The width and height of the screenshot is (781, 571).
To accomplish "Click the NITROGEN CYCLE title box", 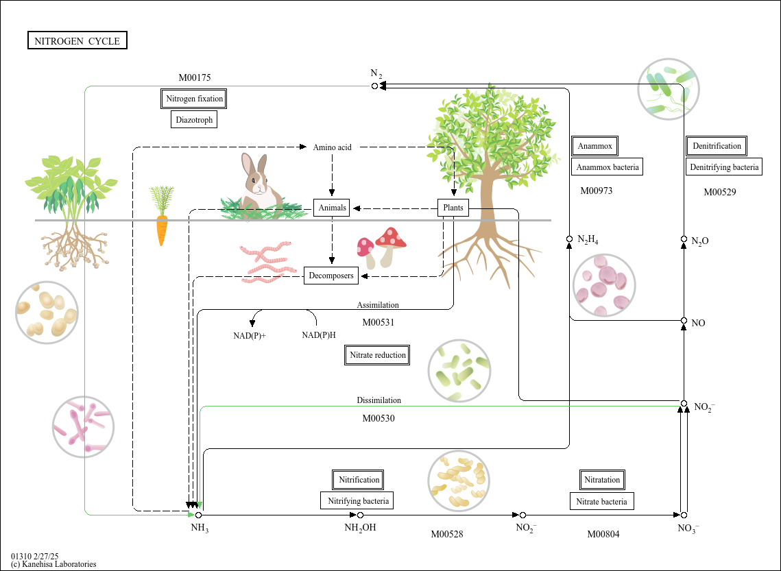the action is pos(77,40).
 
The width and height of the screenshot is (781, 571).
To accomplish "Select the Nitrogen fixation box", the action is pos(194,99).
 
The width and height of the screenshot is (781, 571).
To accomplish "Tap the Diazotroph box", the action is pos(194,119).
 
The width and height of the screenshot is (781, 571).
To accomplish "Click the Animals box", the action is pos(332,208).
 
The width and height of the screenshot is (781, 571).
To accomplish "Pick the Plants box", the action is pos(453,208).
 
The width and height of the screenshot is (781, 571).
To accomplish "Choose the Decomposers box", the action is pos(331,276).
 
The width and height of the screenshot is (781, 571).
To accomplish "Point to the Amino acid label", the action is pos(333,147).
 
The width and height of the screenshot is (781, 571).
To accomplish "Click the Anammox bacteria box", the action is pos(607,167).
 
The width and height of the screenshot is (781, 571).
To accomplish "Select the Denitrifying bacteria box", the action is pos(724,167).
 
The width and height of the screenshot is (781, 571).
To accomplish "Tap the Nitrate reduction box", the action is pos(377,355).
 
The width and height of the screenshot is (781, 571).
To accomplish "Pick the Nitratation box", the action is pos(601,480).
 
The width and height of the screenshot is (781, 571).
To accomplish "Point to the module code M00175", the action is pos(195,77).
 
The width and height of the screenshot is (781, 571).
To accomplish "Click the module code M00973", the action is pos(597,191).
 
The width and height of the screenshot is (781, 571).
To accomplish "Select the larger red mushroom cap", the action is pos(391,237).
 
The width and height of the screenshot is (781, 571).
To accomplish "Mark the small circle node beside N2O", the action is pos(684,239).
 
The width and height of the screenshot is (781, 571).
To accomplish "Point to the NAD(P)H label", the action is pos(319,335).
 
